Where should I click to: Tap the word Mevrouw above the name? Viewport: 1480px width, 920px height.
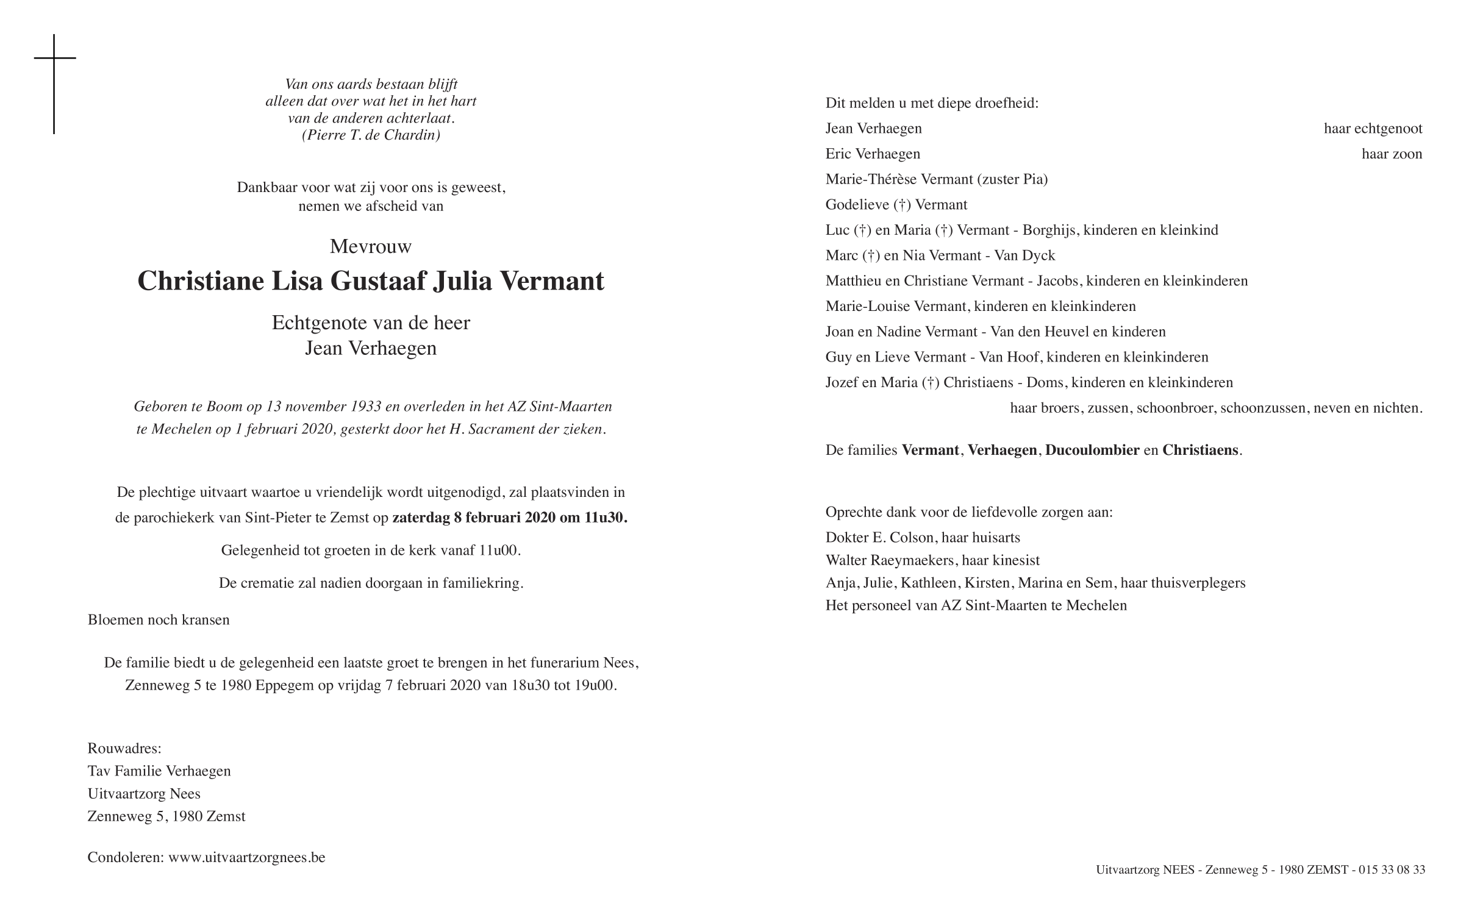coord(371,246)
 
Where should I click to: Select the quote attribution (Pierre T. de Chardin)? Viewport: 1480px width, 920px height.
coord(371,135)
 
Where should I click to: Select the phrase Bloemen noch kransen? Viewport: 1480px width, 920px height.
coord(159,620)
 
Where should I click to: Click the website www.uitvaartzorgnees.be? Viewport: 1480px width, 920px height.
coord(247,858)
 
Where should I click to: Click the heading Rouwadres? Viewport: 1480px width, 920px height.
coord(124,749)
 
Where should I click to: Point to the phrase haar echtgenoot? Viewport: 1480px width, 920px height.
coord(1373,129)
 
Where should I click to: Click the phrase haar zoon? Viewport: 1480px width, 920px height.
coord(1392,154)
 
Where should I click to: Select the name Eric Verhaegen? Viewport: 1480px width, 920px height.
coord(873,154)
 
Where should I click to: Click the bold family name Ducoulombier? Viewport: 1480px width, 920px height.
coord(1092,451)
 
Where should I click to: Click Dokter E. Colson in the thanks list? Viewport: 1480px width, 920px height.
coord(879,538)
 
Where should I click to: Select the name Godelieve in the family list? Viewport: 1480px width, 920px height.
coord(857,205)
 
